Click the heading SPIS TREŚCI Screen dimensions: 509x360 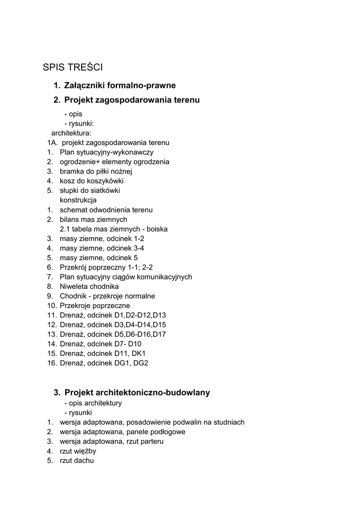click(73, 67)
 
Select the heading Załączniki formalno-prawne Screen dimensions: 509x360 click(120, 85)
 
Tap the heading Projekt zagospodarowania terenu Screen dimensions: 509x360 click(132, 100)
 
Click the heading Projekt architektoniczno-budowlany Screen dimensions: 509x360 click(137, 393)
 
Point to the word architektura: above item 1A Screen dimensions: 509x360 click(71, 133)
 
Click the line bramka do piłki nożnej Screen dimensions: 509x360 click(96, 171)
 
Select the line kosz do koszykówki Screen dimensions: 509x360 click(91, 181)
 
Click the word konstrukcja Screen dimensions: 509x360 click(78, 200)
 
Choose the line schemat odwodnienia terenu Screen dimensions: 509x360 click(106, 210)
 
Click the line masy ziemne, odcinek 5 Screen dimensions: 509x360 click(98, 257)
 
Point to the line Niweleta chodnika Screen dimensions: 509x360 click(89, 286)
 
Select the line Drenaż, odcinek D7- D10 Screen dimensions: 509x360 click(100, 344)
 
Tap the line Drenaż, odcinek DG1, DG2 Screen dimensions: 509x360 click(104, 363)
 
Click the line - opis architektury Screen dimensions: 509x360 click(93, 403)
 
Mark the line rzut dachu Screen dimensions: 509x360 click(77, 460)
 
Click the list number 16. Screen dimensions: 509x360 click(52, 363)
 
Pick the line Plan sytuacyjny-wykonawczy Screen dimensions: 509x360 click(106, 152)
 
